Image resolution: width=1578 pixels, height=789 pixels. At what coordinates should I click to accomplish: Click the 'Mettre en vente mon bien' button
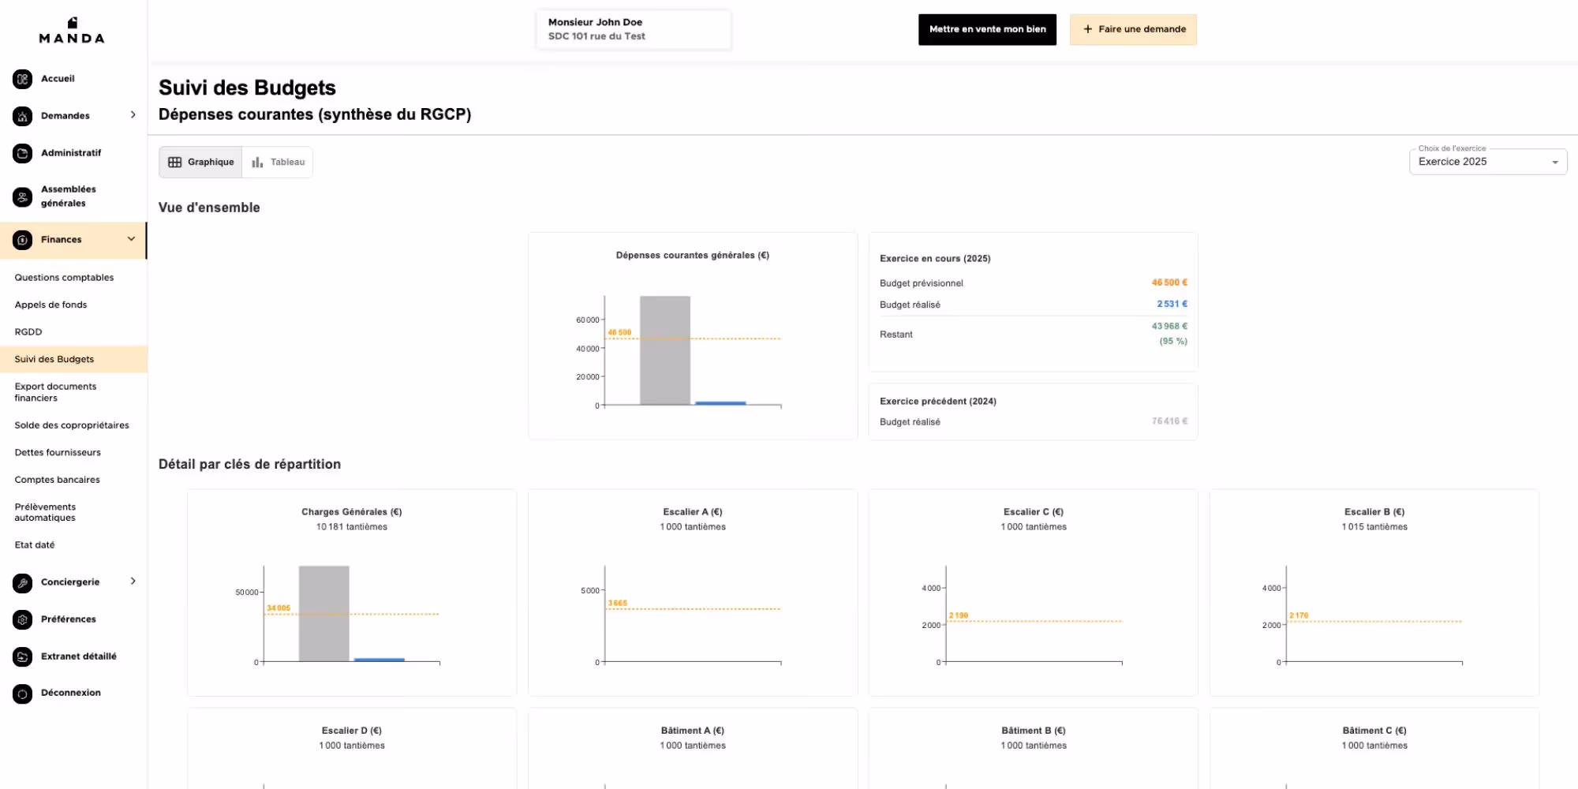987,29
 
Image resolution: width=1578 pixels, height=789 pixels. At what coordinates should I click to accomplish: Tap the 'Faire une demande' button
1133,29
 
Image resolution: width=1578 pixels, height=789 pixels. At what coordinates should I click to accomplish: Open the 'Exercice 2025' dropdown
1487,162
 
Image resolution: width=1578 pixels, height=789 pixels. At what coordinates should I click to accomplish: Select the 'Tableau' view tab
278,163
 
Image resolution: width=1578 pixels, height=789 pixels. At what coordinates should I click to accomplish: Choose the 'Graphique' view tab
201,163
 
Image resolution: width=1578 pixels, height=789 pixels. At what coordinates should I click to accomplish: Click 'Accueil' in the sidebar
58,79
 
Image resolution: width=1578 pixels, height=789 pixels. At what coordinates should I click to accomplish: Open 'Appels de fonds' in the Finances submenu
50,305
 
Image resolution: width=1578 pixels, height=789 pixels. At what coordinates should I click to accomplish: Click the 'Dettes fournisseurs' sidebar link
58,452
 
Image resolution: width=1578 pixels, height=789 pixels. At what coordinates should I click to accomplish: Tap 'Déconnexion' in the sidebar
71,693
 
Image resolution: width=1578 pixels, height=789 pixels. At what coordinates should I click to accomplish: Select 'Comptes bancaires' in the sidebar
57,480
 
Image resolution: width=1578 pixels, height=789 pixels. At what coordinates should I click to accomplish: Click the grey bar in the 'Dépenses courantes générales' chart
665,350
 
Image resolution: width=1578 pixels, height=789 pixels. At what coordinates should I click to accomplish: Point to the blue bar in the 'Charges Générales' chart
380,660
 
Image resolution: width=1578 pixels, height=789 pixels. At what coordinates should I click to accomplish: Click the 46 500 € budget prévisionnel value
1169,282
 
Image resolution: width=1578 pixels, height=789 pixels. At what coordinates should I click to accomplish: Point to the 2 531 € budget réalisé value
1172,304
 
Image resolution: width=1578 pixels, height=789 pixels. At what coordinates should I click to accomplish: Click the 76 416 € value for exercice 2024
1169,421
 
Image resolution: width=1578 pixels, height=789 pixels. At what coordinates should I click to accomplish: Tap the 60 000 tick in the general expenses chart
588,320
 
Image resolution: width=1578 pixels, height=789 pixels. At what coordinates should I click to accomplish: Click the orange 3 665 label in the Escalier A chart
618,603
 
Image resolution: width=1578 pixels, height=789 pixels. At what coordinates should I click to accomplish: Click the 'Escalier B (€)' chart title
1374,512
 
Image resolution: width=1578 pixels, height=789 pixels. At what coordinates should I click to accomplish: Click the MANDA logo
72,31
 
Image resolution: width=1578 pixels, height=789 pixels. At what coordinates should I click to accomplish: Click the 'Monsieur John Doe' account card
634,29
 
